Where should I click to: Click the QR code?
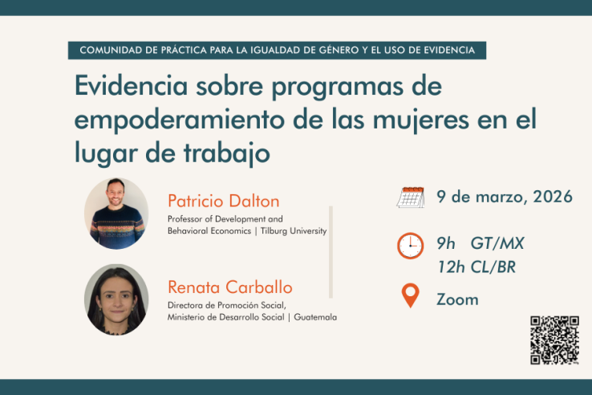554,340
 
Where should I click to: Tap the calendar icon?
411,197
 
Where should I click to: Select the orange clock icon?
410,246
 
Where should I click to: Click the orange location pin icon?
410,295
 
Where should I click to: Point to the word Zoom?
457,299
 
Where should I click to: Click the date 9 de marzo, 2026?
505,197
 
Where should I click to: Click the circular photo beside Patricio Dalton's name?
116,213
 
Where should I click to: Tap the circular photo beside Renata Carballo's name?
116,299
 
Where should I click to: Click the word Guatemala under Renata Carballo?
315,317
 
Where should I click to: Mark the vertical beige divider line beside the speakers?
330,251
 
